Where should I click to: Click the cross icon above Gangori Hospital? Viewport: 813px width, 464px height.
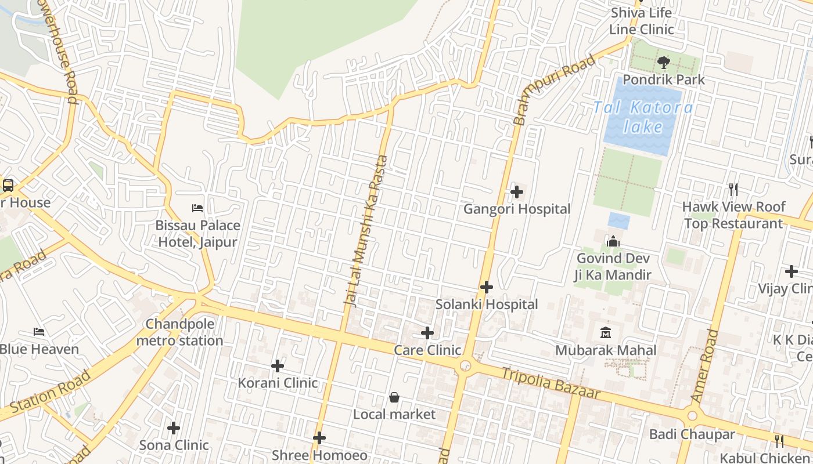[516, 192]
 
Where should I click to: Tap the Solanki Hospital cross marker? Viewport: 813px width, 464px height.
[487, 287]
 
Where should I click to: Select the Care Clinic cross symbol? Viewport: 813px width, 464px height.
[427, 333]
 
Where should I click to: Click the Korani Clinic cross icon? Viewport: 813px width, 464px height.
[278, 366]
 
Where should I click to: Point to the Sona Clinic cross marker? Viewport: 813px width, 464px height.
[174, 428]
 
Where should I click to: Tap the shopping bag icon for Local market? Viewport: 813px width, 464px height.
[394, 397]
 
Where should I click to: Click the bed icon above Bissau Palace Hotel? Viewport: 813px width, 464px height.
[197, 208]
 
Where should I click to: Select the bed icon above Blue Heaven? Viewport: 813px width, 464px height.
[39, 332]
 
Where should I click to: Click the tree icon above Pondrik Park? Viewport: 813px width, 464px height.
[663, 63]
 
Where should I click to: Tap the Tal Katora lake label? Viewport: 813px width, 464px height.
[643, 117]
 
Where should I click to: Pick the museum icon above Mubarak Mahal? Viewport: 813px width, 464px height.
[606, 333]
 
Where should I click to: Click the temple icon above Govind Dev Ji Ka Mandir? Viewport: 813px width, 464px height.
[613, 241]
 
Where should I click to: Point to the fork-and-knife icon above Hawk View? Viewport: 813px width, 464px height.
[733, 189]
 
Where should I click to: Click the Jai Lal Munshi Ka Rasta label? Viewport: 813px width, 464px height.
[366, 231]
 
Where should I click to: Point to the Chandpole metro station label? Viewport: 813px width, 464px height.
[179, 332]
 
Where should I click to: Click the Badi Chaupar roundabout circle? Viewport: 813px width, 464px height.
[692, 415]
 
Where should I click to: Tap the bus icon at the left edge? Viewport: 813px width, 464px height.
[8, 186]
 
